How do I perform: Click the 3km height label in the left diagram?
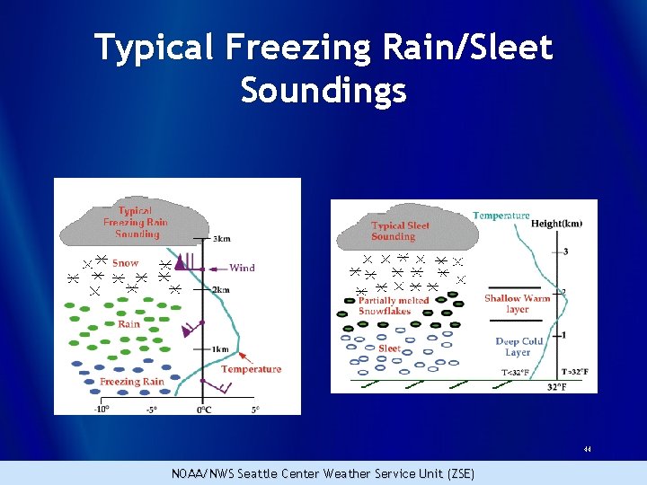click(x=221, y=239)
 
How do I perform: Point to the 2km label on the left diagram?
click(x=221, y=290)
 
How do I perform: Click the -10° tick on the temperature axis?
click(x=102, y=409)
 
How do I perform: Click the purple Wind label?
click(x=242, y=268)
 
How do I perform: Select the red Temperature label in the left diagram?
click(x=251, y=369)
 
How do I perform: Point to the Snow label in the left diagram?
click(x=126, y=263)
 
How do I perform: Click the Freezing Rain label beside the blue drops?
click(x=131, y=382)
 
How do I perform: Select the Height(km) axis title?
click(x=556, y=223)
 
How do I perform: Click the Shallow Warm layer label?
click(x=517, y=304)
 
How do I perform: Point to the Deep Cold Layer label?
click(x=519, y=347)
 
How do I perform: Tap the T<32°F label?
click(x=515, y=372)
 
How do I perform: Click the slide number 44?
click(x=587, y=449)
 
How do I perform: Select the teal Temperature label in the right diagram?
click(x=501, y=216)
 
